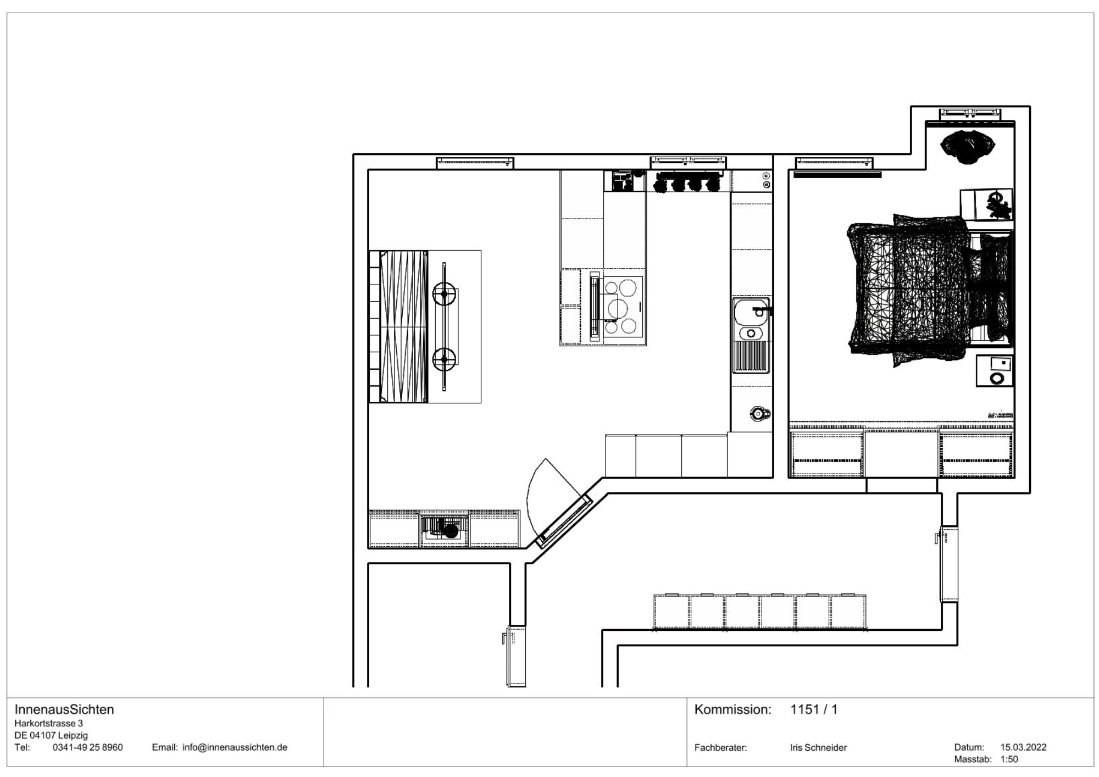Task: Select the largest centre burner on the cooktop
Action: [x=618, y=308]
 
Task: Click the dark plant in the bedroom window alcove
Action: [x=968, y=146]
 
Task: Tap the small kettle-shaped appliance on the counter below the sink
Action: [x=758, y=414]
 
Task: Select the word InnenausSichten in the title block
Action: [x=64, y=709]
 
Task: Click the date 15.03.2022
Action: [x=1023, y=747]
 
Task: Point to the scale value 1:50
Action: [x=1009, y=759]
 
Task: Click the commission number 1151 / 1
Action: [x=814, y=709]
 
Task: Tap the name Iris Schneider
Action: [x=818, y=747]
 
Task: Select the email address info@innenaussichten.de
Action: [x=235, y=747]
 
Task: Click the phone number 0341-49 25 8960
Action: [x=88, y=747]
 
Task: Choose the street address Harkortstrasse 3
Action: [x=49, y=723]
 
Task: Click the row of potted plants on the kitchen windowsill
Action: [x=687, y=184]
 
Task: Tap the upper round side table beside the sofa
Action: [x=444, y=295]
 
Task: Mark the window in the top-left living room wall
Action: [x=475, y=162]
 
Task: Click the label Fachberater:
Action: [x=720, y=747]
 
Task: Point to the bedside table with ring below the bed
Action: [x=995, y=370]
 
